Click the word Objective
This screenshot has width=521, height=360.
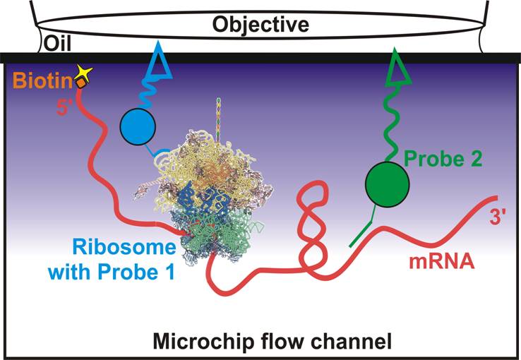[260, 24]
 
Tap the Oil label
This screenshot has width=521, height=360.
[57, 43]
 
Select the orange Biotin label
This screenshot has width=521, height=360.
[42, 80]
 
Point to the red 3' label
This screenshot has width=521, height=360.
[498, 218]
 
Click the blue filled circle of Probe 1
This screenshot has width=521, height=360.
[138, 126]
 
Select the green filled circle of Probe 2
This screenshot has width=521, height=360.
[387, 184]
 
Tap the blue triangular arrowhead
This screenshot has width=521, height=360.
[160, 61]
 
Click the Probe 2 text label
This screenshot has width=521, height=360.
[443, 159]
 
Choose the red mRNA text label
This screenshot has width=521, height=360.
[442, 261]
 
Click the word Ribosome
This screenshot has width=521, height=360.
[124, 248]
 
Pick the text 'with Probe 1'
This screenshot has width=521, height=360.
[112, 272]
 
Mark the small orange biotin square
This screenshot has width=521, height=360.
[81, 83]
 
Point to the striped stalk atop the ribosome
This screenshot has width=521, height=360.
[218, 120]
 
